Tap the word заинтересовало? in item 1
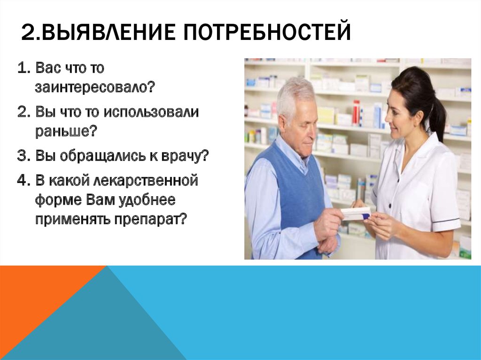[x=94, y=87]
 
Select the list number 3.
[x=23, y=156]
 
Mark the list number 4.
[x=23, y=181]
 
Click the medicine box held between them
[x=356, y=214]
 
